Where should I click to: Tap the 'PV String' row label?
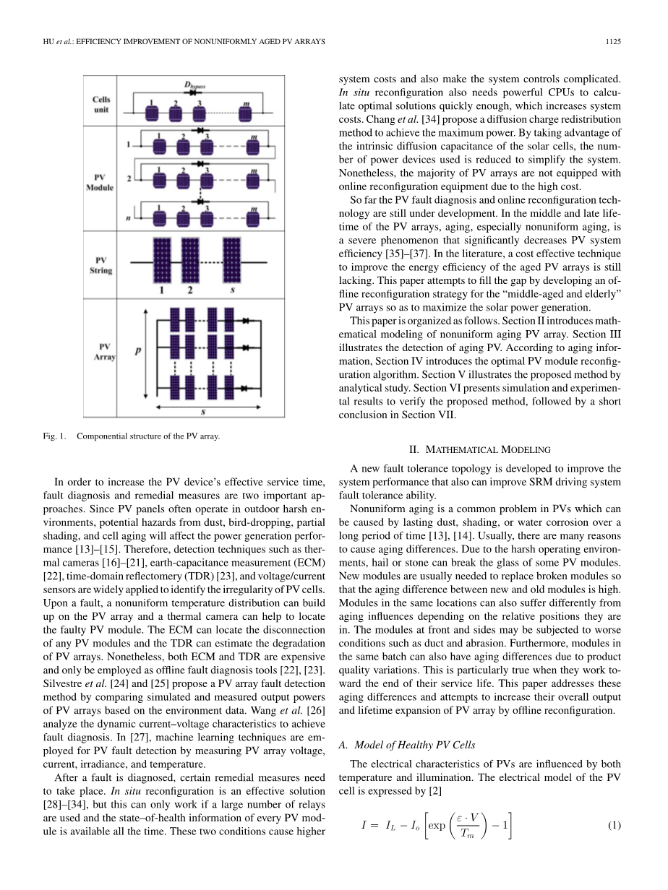point(100,265)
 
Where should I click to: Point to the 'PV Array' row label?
point(100,352)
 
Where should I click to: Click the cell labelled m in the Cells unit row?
point(247,113)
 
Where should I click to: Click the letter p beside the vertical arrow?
point(137,352)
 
